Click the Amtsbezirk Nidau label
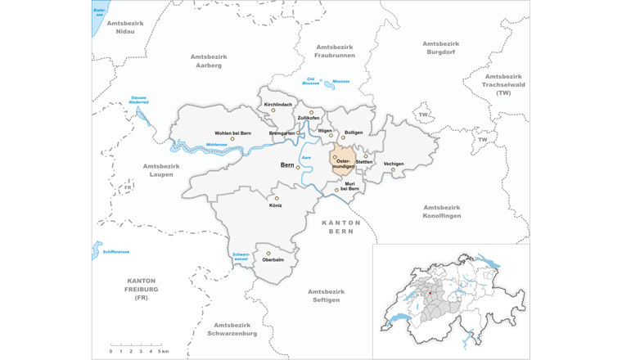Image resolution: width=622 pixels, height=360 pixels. [125, 27]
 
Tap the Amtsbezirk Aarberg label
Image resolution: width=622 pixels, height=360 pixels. [209, 61]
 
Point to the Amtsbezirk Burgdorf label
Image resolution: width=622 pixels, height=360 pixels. [442, 47]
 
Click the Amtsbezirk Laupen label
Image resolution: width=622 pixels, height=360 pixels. [160, 170]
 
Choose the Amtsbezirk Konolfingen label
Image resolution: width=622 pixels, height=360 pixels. [442, 211]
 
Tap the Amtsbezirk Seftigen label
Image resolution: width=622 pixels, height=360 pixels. [327, 295]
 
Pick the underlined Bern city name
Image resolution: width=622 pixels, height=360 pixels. [287, 164]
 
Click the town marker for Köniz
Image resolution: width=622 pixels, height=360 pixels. [277, 198]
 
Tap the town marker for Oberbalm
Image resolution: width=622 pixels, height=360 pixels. [267, 253]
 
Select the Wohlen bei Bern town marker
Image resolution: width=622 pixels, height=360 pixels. [232, 139]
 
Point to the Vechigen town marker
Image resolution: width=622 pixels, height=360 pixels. [393, 170]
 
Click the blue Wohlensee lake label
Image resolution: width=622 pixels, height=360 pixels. [216, 145]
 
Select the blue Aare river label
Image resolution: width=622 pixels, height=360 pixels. [307, 157]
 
